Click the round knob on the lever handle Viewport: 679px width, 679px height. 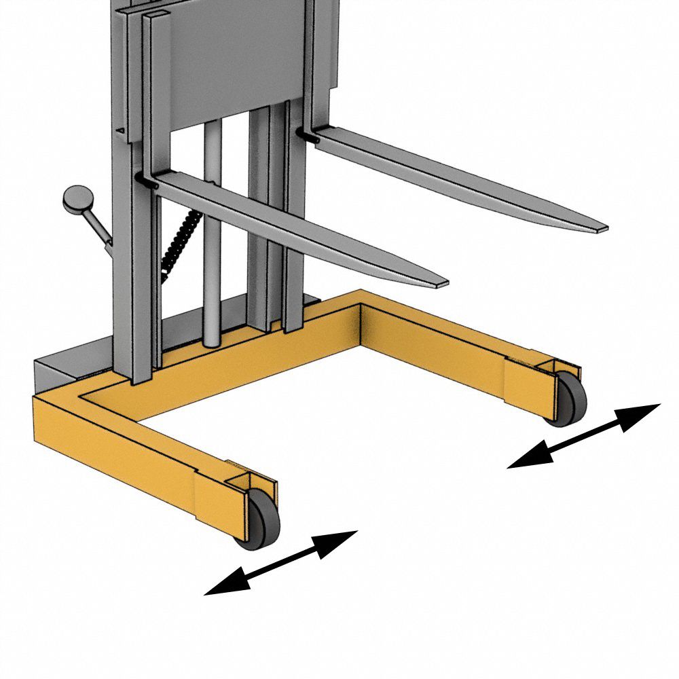[x=77, y=198]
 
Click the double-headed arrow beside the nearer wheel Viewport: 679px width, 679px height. [x=280, y=563]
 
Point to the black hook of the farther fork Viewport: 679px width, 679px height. [x=309, y=136]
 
